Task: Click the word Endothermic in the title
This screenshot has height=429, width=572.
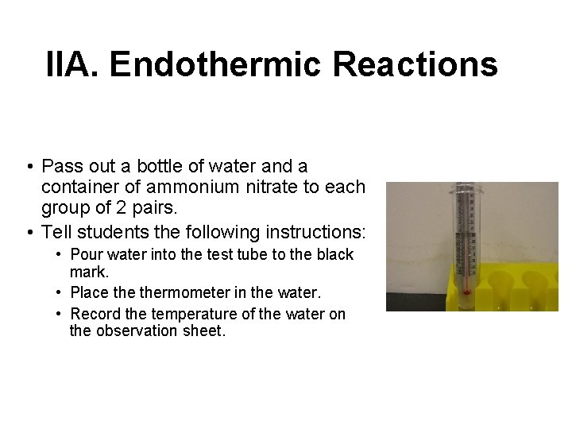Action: [217, 64]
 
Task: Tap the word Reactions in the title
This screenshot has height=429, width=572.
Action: [415, 64]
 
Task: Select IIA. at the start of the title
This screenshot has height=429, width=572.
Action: [74, 64]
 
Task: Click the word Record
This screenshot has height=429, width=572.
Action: [95, 314]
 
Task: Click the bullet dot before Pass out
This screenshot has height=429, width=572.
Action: [28, 167]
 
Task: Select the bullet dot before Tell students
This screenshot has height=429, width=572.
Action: [28, 233]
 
